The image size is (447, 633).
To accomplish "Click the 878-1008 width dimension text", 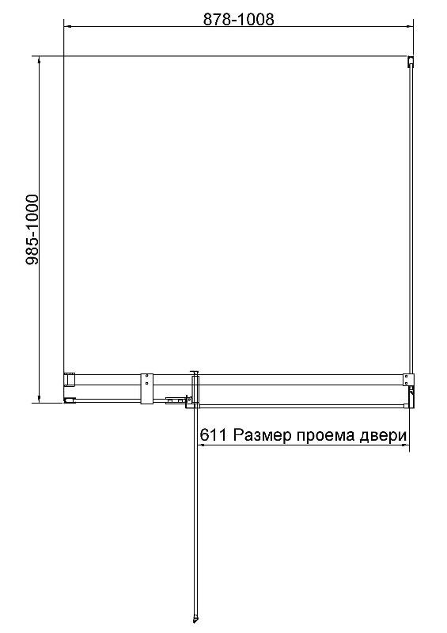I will (x=238, y=20).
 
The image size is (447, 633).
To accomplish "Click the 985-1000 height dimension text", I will (x=32, y=229).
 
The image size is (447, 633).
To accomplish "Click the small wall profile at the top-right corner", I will (x=411, y=62).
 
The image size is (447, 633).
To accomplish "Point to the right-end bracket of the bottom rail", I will (x=409, y=389).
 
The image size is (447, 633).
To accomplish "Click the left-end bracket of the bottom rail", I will (x=69, y=389).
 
